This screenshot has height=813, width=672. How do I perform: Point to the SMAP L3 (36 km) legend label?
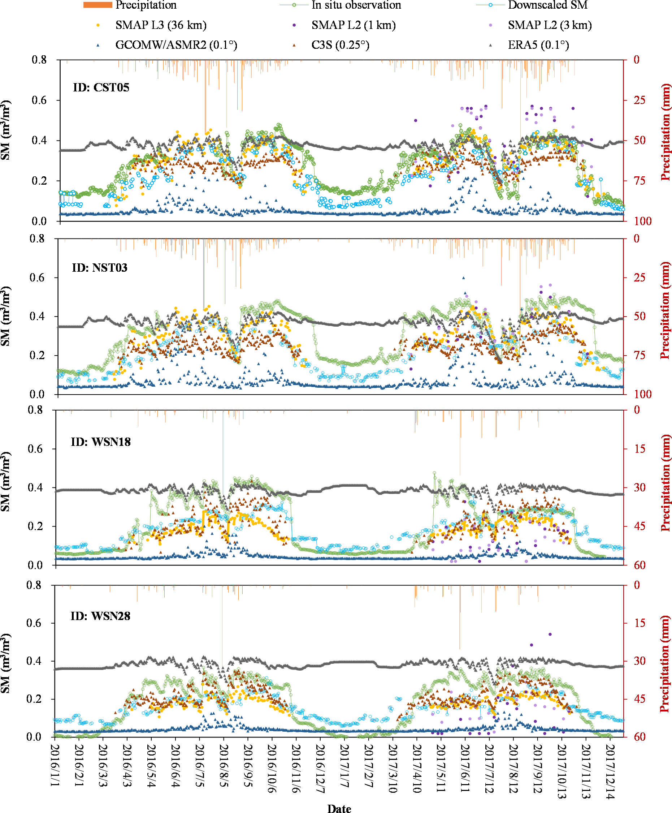[x=161, y=25]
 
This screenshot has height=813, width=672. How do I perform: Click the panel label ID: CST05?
[x=101, y=87]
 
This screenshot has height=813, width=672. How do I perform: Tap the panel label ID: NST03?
[x=99, y=267]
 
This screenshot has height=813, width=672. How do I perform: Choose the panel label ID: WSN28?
[x=100, y=616]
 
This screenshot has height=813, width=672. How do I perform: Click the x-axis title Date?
[x=339, y=808]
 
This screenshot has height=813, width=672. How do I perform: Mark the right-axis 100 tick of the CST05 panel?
[x=643, y=221]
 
